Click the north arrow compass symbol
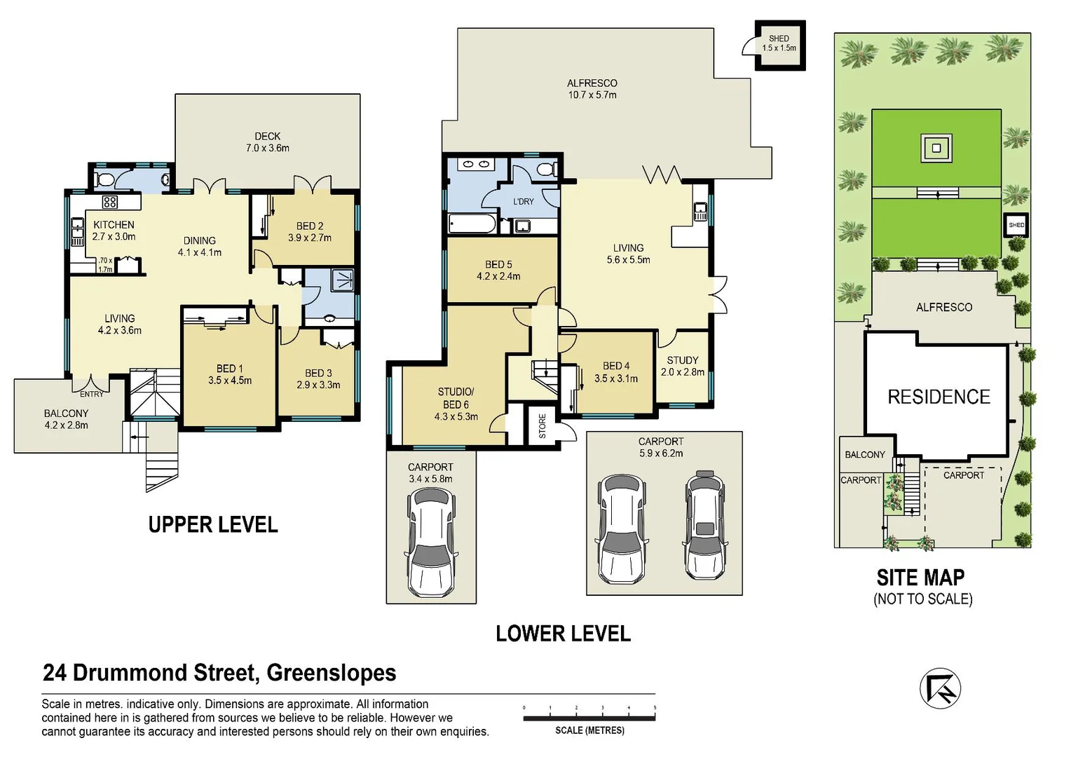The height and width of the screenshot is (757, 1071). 940,688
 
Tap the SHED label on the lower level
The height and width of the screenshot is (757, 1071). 779,39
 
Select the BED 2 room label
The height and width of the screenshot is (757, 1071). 310,226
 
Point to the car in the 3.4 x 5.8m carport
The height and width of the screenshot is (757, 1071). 431,541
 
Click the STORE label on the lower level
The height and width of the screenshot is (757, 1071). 543,426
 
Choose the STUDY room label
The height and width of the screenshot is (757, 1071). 683,360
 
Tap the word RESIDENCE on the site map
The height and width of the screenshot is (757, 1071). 939,397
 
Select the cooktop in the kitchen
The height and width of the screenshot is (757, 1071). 109,203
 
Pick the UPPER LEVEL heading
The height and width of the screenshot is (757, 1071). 213,524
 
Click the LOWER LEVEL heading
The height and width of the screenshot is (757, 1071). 563,634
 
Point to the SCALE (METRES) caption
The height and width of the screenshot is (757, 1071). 589,730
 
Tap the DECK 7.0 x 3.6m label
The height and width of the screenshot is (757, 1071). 268,142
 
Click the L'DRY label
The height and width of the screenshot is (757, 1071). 524,202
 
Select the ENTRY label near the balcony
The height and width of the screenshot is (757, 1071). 92,394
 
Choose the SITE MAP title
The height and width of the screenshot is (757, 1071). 920,578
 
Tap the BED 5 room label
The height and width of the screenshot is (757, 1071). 498,265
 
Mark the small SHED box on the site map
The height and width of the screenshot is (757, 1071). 1016,225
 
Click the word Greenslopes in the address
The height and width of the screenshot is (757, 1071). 332,673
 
